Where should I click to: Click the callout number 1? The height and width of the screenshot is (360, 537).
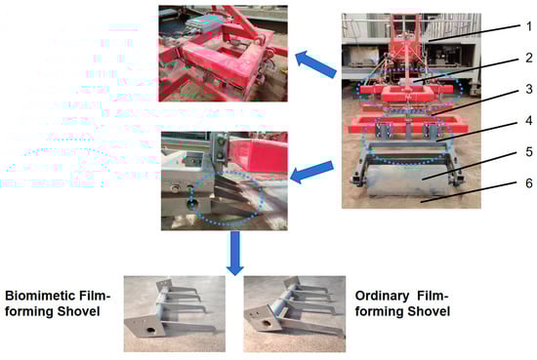click(x=529, y=26)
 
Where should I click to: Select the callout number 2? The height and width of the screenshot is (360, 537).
click(x=529, y=58)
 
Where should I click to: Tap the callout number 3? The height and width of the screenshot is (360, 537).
click(x=529, y=89)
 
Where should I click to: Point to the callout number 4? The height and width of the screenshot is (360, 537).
click(x=529, y=120)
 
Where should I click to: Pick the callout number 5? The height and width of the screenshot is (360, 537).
click(x=529, y=151)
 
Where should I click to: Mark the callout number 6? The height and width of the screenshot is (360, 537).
click(x=529, y=183)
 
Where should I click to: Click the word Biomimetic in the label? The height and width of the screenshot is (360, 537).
click(x=38, y=296)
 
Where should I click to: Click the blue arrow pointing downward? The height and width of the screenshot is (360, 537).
click(x=235, y=254)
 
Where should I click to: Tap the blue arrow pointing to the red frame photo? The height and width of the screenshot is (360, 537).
click(x=315, y=64)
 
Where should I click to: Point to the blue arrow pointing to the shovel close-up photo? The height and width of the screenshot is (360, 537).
click(x=311, y=172)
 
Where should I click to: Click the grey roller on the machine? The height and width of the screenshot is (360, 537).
click(x=406, y=180)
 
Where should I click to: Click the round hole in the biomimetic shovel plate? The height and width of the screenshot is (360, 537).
click(x=150, y=330)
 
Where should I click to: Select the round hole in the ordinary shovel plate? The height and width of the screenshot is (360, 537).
click(x=266, y=323)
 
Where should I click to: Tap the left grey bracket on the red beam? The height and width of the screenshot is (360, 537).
click(x=384, y=130)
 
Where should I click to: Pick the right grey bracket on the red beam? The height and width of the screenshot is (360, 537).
click(x=431, y=131)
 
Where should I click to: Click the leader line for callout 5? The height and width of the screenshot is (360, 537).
click(x=470, y=166)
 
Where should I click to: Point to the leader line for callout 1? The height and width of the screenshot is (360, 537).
click(x=473, y=33)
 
